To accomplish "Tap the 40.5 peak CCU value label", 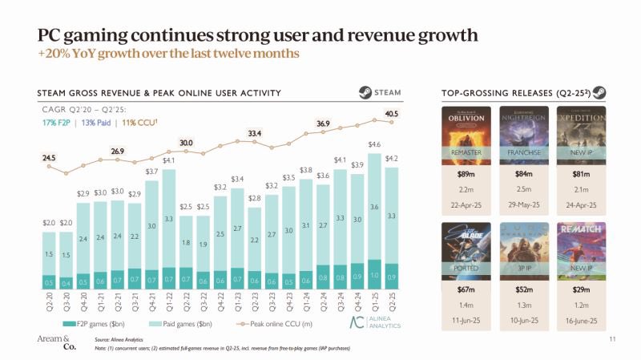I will [x=392, y=114].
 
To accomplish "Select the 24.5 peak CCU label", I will [x=49, y=158].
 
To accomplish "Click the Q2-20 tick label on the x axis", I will [x=49, y=301].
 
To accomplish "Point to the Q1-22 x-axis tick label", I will [x=168, y=301].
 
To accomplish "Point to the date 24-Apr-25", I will [x=581, y=206].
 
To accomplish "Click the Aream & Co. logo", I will [x=55, y=343].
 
